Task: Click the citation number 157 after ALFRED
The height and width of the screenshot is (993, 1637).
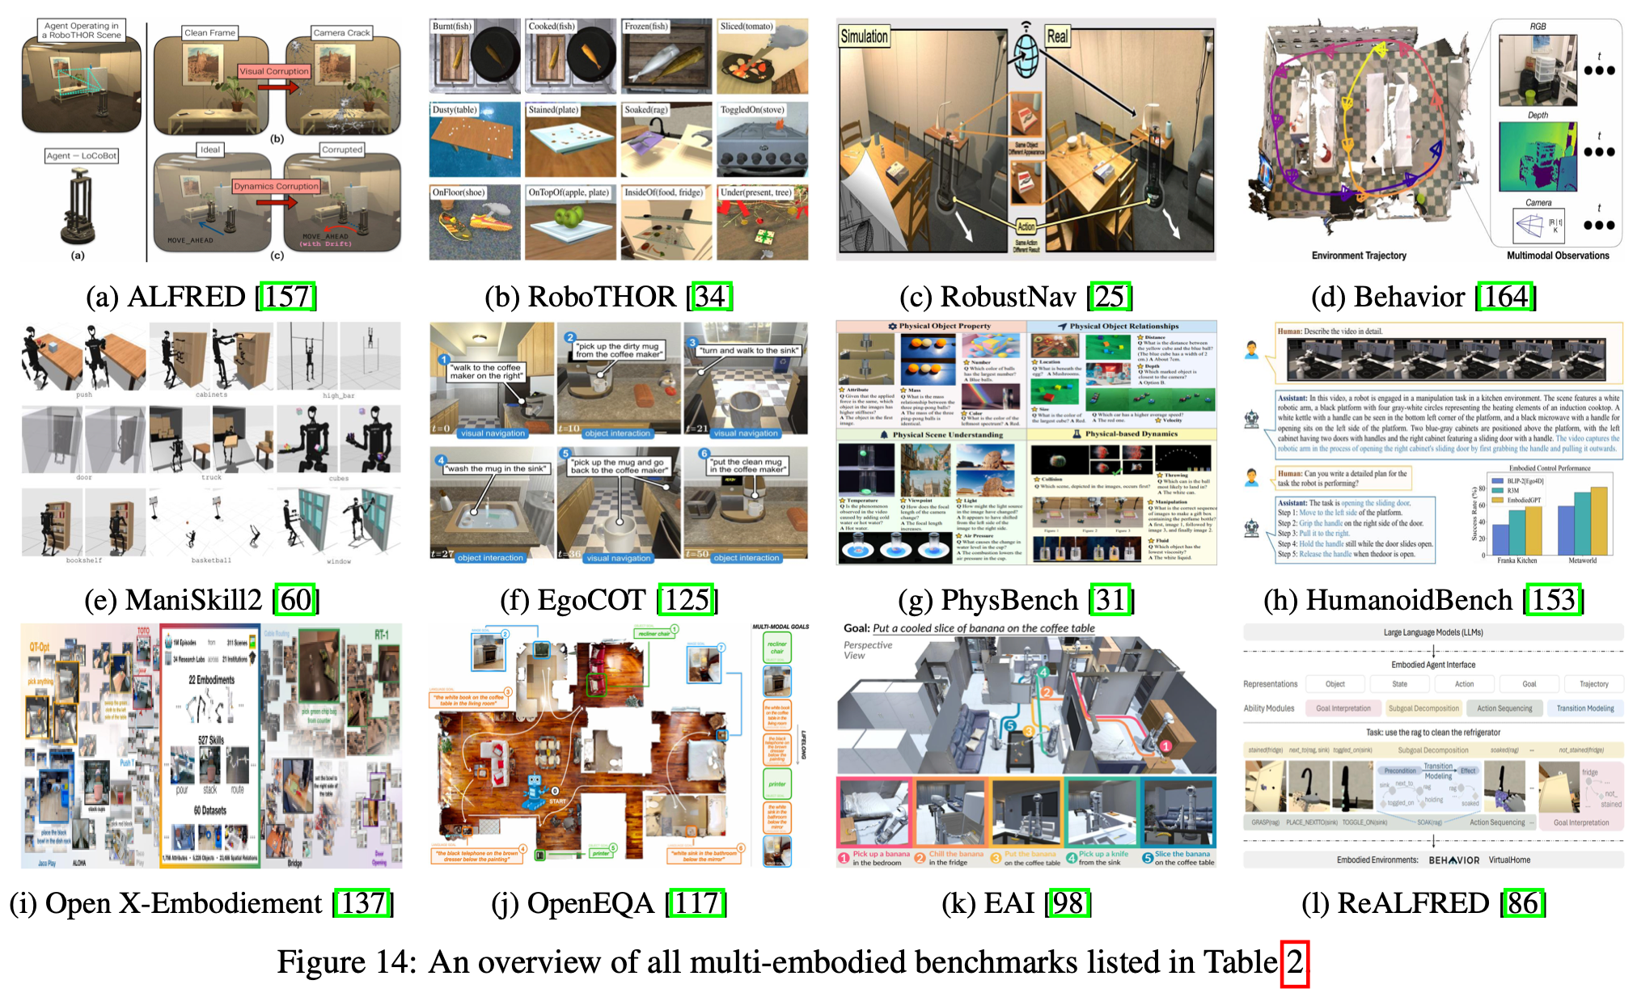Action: (x=286, y=297)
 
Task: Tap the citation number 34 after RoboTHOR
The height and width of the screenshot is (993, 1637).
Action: (x=711, y=297)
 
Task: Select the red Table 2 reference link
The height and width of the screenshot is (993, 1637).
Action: (x=1295, y=962)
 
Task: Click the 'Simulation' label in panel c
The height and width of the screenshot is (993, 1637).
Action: (x=864, y=36)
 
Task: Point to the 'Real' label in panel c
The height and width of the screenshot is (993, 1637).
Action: (x=1057, y=36)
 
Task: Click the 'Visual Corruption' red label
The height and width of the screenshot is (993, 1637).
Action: (x=273, y=71)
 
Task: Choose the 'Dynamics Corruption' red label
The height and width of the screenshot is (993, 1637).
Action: (x=276, y=186)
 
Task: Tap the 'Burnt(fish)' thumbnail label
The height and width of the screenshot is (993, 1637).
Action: (x=452, y=27)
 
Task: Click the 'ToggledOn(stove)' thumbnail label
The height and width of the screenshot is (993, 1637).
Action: (x=751, y=109)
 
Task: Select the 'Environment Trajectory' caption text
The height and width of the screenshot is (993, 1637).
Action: (x=1359, y=256)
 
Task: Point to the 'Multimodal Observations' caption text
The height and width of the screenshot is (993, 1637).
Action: (x=1558, y=256)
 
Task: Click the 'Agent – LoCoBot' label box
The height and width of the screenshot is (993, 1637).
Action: (x=82, y=155)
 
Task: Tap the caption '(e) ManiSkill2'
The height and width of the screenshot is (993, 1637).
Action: (x=173, y=600)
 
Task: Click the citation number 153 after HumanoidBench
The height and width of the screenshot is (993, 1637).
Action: (x=1554, y=600)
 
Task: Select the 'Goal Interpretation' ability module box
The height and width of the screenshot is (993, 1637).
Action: (x=1343, y=708)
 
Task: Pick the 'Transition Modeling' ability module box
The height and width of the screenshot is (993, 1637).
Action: (x=1584, y=708)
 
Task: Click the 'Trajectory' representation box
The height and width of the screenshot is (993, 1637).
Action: (x=1593, y=684)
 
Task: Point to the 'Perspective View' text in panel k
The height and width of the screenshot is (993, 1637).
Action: (x=867, y=650)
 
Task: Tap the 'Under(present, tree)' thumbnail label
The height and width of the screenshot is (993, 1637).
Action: (x=756, y=192)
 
